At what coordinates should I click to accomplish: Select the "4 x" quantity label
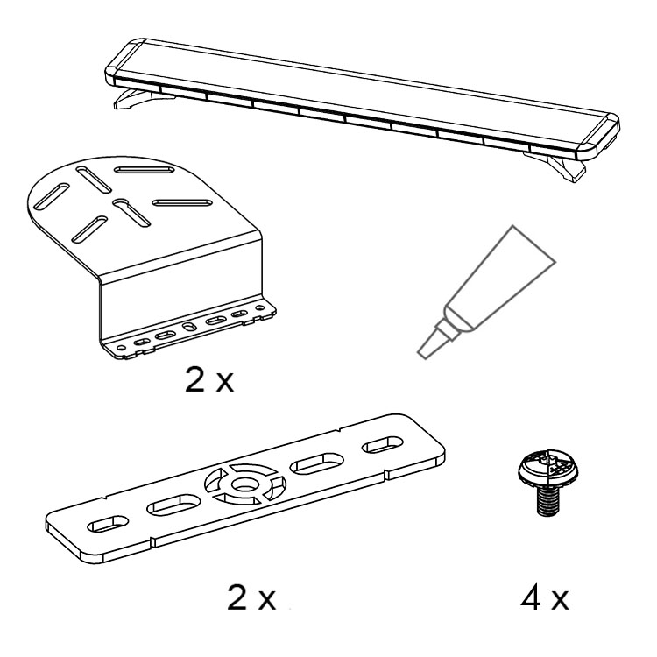pyautogui.click(x=544, y=598)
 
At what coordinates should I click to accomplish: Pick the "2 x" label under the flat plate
pyautogui.click(x=251, y=598)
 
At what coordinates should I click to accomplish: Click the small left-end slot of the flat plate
pyautogui.click(x=108, y=524)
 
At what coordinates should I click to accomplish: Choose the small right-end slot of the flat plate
pyautogui.click(x=382, y=444)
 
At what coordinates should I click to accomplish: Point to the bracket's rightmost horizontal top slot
pyautogui.click(x=181, y=203)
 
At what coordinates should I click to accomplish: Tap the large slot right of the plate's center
pyautogui.click(x=317, y=463)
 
